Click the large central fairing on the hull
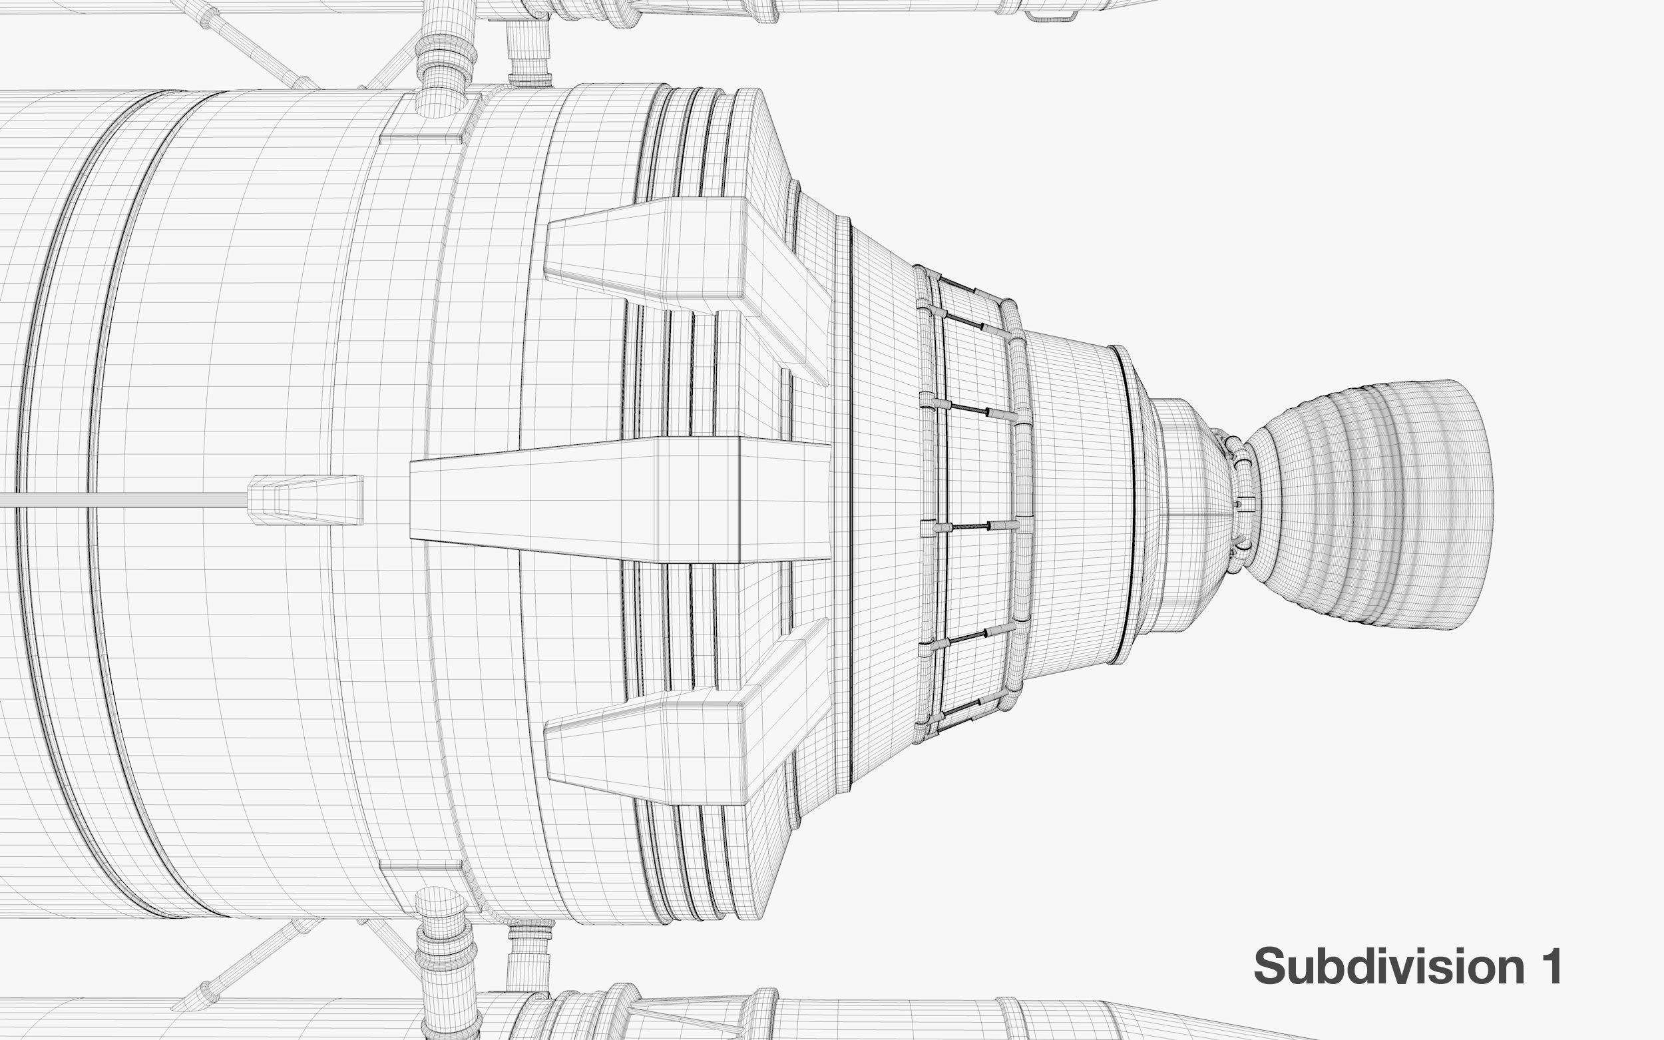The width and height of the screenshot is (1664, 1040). point(619,499)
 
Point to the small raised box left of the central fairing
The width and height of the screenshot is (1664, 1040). point(306,499)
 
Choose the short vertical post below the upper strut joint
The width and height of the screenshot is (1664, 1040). point(529,51)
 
